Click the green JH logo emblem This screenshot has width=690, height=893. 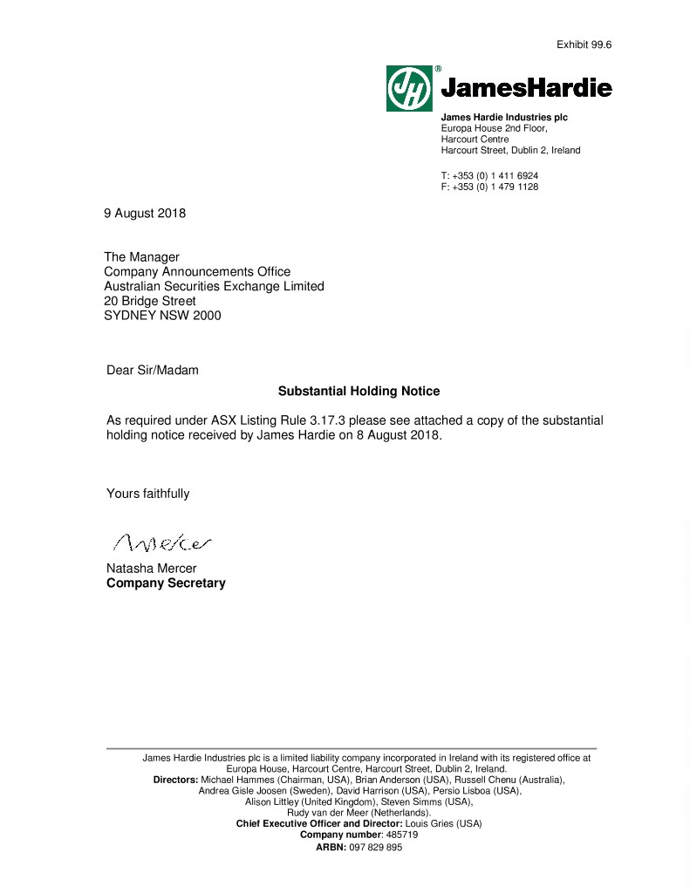409,88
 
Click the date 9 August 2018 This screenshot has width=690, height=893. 145,213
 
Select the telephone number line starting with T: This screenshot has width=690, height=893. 489,175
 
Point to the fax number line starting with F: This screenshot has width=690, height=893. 489,187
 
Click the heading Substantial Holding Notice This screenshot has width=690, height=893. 359,392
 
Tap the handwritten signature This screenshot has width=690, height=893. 162,544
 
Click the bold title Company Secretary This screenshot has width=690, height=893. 166,583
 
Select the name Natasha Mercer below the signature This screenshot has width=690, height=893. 151,569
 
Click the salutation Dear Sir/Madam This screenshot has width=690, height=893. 153,370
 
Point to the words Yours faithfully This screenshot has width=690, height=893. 147,494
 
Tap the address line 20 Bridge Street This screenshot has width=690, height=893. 150,301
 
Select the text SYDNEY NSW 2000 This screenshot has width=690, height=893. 162,316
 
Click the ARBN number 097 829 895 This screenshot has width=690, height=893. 376,848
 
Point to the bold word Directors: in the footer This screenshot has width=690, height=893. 175,780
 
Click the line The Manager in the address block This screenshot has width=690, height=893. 141,257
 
